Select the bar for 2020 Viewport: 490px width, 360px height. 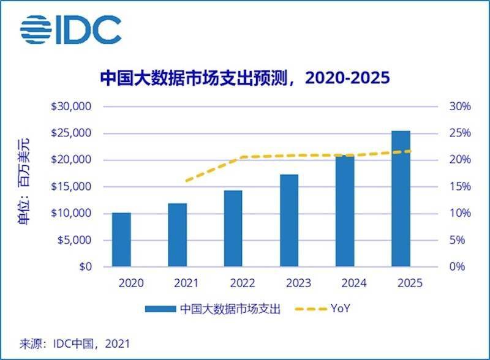tap(121, 239)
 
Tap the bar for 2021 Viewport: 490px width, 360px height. tap(178, 235)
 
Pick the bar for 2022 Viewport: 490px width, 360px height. tap(233, 228)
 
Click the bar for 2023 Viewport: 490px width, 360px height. tap(289, 220)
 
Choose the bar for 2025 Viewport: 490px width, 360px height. tap(401, 198)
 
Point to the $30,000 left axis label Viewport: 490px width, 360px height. tap(71, 107)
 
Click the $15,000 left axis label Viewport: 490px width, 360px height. tap(71, 187)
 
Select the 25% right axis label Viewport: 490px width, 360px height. tap(460, 133)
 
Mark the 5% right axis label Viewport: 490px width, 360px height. tap(462, 240)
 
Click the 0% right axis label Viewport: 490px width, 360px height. tap(462, 267)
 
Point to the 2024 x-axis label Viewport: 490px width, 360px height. tap(345, 284)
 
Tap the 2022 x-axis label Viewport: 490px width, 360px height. tap(233, 284)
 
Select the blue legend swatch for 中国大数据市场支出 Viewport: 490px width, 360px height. tap(161, 309)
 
